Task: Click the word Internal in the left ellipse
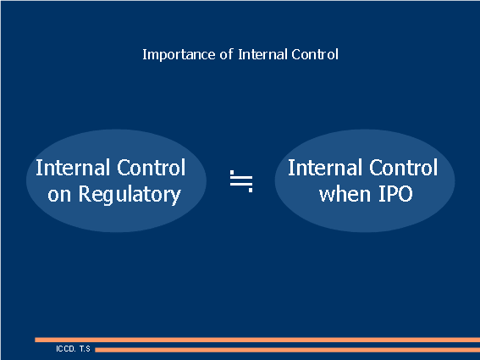coord(74,167)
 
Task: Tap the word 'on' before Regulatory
coord(60,194)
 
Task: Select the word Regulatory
coord(130,195)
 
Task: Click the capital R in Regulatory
coord(85,194)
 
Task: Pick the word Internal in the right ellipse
coord(326,167)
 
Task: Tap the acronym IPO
coord(394,194)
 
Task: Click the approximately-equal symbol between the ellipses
coord(241,180)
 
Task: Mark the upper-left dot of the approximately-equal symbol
coord(232,172)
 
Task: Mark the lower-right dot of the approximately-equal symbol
coord(251,190)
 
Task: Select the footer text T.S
coord(85,348)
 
